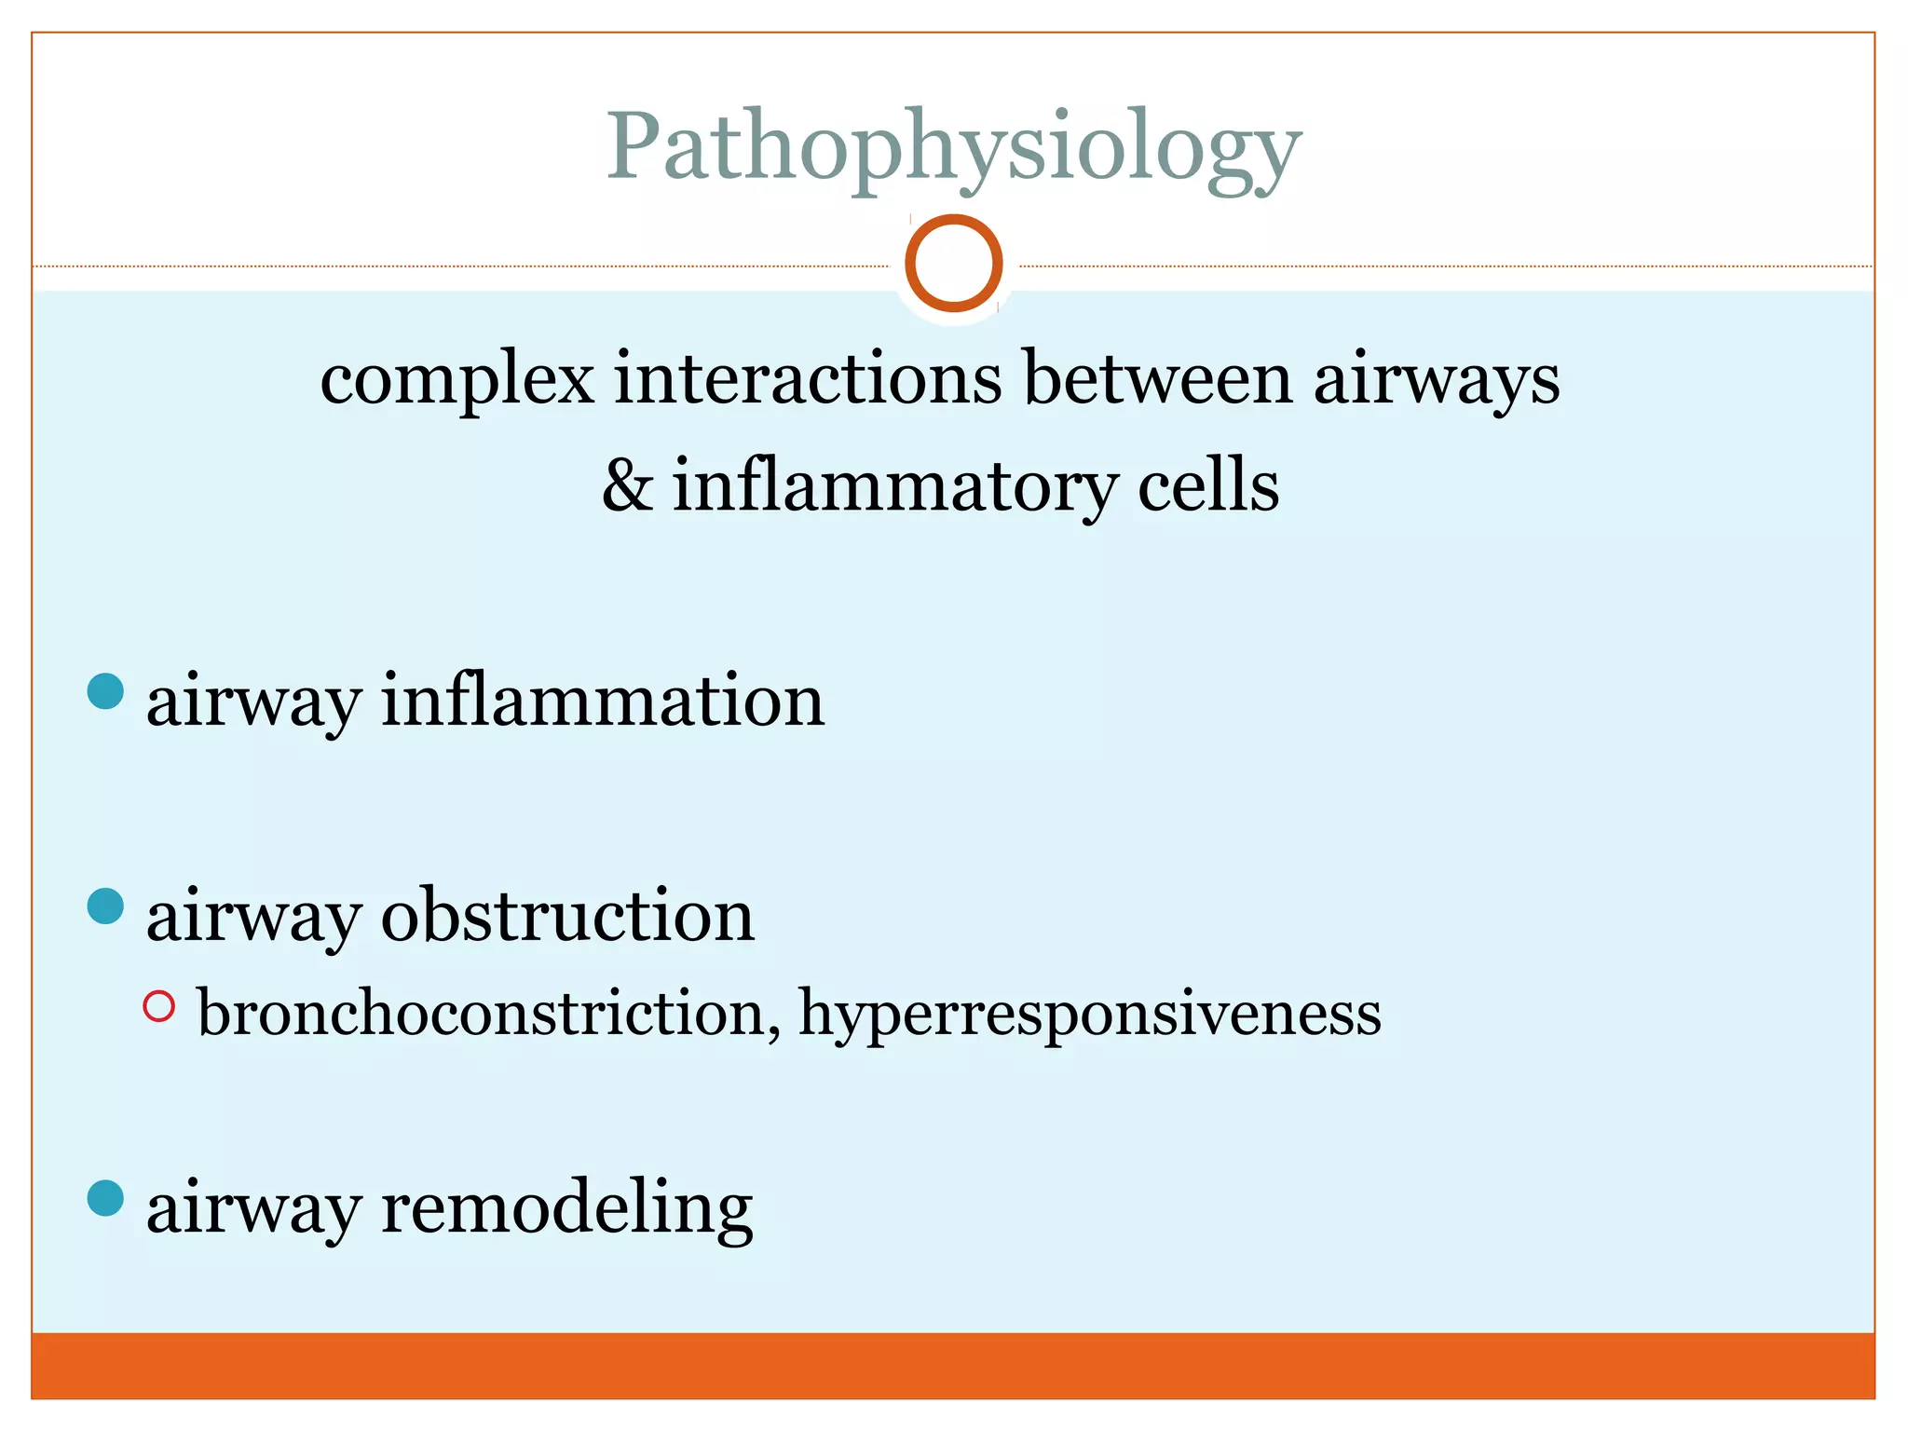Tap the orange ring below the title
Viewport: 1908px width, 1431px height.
953,263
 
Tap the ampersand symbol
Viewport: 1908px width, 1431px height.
627,485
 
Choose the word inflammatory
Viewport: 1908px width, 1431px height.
894,487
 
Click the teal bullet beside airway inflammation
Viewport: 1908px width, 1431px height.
105,691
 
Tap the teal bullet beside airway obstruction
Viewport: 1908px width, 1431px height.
105,906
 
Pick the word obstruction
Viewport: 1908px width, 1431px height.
567,915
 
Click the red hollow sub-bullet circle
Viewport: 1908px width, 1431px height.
159,1006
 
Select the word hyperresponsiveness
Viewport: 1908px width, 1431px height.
1090,1015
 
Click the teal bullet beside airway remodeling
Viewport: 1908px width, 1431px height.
105,1198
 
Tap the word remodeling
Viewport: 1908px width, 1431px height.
566,1208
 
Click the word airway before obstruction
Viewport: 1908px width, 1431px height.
252,917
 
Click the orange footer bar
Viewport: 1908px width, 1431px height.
953,1366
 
